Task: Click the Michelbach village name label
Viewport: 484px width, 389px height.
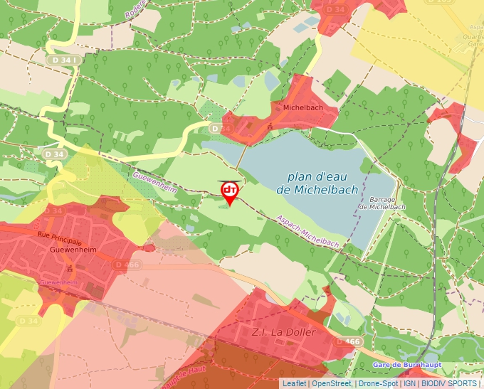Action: [303, 107]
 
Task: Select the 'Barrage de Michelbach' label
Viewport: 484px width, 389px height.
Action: [382, 203]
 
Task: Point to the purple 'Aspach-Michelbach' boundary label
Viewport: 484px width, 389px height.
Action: [307, 233]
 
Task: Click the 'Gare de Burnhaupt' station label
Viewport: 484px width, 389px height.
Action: [406, 364]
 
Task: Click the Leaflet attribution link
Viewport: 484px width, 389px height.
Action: [293, 383]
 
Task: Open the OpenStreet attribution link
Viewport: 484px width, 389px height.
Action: [330, 383]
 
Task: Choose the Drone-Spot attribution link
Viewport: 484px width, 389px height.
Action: [379, 383]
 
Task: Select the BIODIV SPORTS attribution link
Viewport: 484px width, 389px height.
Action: [449, 383]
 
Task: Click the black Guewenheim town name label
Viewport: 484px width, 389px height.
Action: [69, 250]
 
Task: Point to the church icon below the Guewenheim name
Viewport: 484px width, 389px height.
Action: [70, 268]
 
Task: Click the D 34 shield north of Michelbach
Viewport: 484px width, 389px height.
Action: [335, 9]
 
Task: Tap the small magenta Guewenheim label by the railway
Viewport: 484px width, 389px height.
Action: [58, 282]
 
